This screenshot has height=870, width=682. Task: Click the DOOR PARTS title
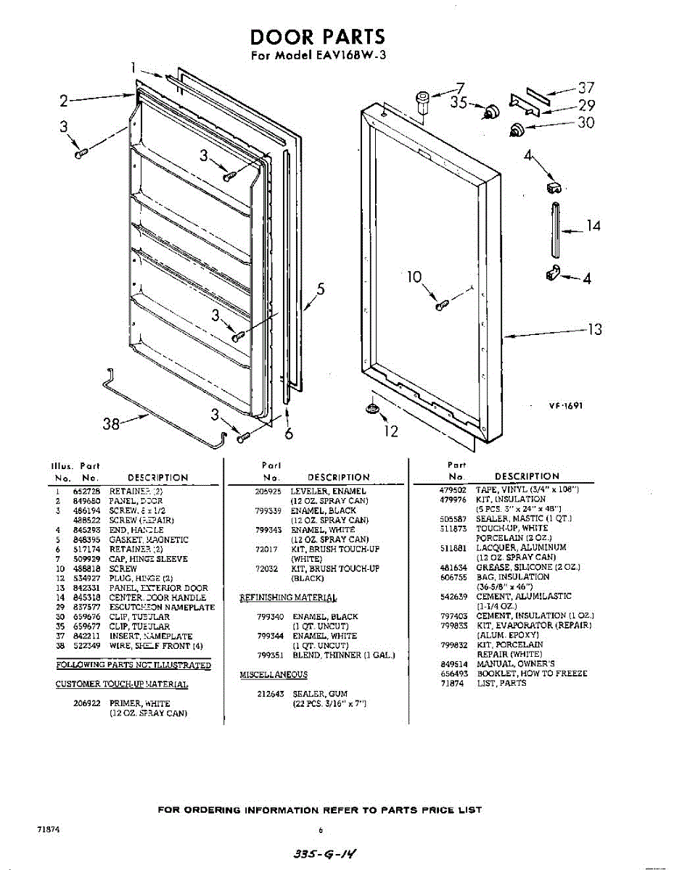[317, 37]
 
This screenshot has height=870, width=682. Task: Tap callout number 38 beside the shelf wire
[111, 423]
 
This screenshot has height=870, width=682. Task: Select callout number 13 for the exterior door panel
[595, 330]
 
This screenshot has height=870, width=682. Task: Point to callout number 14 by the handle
[593, 227]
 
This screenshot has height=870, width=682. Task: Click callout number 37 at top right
[586, 88]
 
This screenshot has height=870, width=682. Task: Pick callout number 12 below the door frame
[391, 431]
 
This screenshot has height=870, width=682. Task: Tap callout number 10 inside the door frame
[414, 277]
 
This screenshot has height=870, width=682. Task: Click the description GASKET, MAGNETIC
[149, 540]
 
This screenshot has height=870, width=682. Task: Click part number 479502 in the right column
[453, 491]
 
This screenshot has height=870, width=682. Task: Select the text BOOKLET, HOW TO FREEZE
[532, 674]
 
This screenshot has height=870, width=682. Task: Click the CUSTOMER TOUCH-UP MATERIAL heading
[122, 684]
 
